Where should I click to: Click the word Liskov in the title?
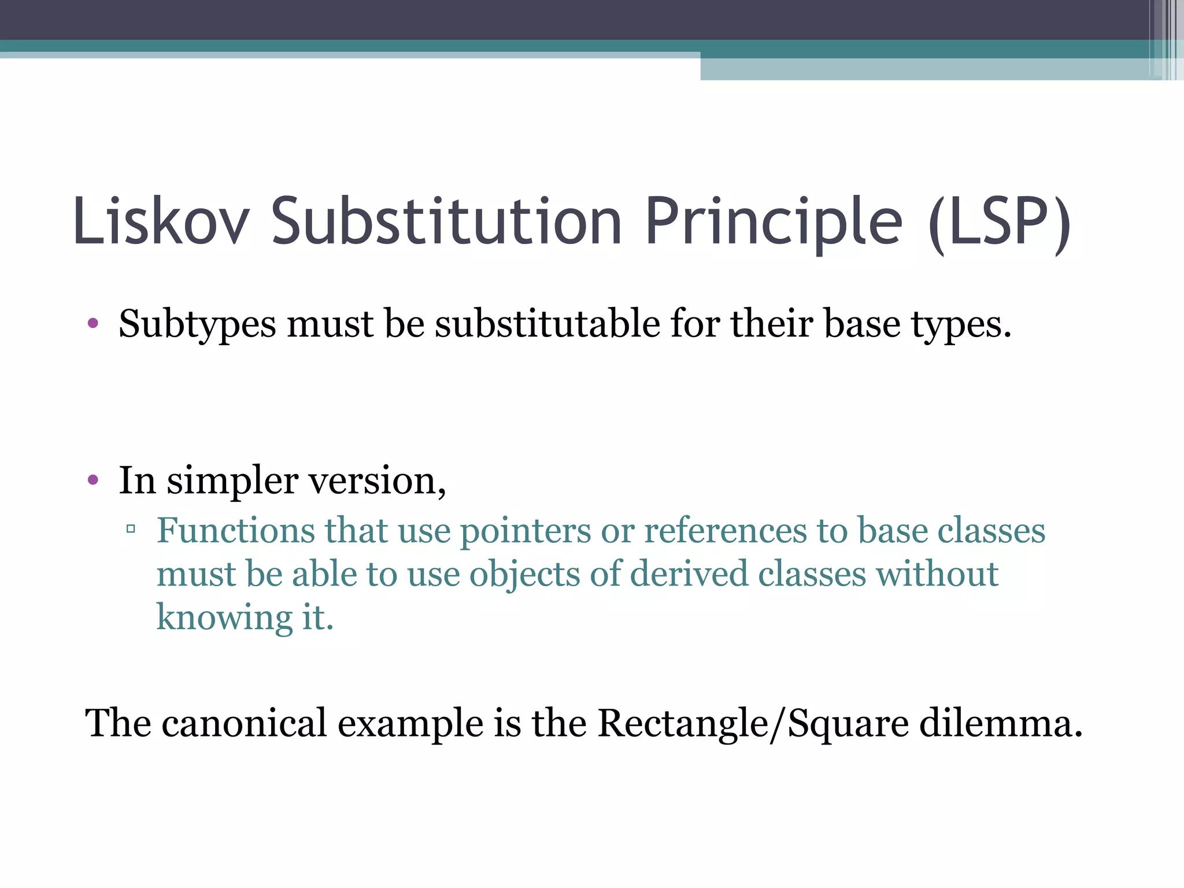pos(161,222)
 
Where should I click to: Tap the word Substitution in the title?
pos(446,222)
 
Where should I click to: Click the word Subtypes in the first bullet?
pos(197,324)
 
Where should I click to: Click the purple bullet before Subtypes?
pos(93,323)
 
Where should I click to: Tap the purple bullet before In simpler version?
pos(93,480)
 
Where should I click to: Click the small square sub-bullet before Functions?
pos(131,528)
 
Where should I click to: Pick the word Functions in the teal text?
pos(236,530)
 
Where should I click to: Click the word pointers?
pos(525,531)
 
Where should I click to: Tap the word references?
pos(725,530)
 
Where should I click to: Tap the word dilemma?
pos(1000,723)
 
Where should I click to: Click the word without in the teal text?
pos(937,574)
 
